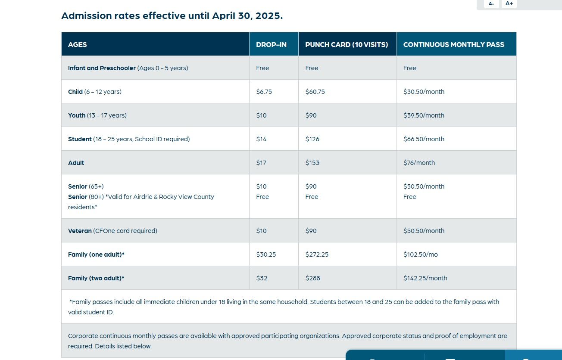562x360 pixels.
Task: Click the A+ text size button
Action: [x=509, y=3]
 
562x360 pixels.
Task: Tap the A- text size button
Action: [x=491, y=3]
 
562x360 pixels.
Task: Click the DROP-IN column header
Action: [x=271, y=44]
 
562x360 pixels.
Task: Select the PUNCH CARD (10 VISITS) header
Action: [x=347, y=44]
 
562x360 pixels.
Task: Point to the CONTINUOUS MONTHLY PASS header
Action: [x=453, y=44]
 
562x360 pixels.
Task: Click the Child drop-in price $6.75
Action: [x=264, y=92]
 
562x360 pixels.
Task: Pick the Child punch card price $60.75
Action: [x=315, y=92]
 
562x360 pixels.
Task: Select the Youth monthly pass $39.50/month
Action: [x=424, y=115]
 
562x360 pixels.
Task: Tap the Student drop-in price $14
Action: [x=261, y=139]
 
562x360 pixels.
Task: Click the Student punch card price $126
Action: [x=312, y=139]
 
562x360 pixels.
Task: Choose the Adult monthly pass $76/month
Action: [x=419, y=163]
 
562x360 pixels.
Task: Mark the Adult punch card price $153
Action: [x=312, y=163]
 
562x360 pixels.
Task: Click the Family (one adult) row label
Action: [x=96, y=254]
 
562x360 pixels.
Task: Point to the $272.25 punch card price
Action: [x=317, y=254]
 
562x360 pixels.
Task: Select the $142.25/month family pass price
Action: [x=425, y=278]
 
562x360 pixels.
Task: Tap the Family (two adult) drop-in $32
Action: [x=262, y=278]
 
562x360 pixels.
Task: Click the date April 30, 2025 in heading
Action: [x=247, y=16]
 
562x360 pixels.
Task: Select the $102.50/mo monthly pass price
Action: [x=420, y=254]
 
